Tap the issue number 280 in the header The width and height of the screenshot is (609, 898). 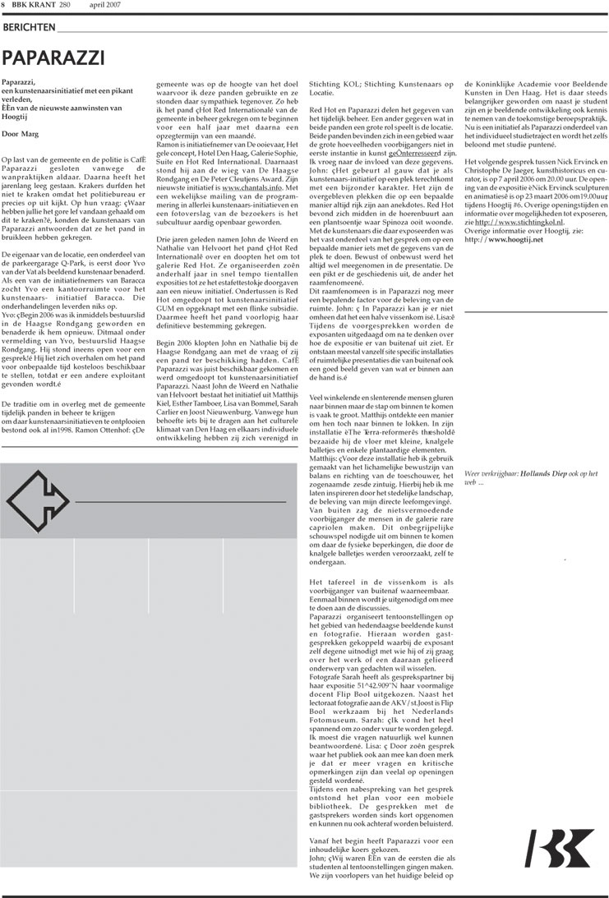[65, 7]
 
